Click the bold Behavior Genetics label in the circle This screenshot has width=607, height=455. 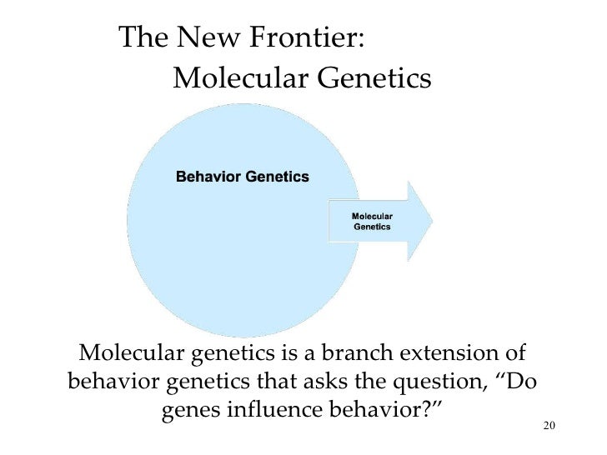(x=242, y=177)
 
